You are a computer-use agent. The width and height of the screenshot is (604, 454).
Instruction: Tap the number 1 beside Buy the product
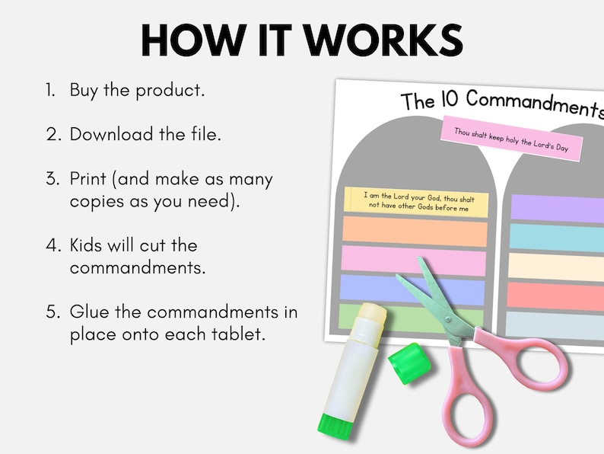49,90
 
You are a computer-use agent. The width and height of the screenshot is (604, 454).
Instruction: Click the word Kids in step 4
89,245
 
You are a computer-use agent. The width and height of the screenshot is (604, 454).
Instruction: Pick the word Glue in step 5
90,312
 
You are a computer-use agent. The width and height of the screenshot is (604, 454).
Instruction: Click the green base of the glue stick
335,424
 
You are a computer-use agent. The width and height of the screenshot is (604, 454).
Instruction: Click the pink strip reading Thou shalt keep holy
511,139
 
